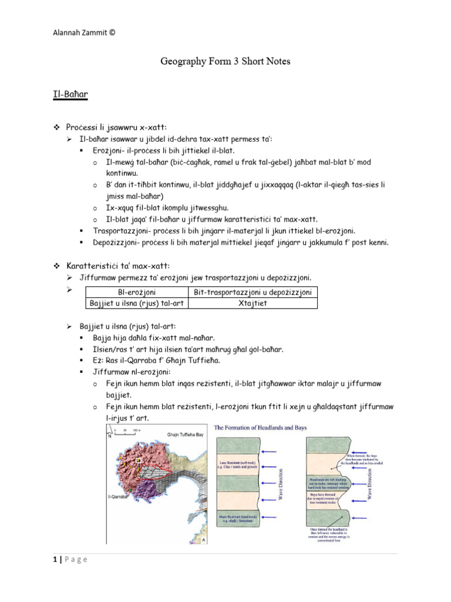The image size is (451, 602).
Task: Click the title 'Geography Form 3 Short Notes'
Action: tap(225, 61)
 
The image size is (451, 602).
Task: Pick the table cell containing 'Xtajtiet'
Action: tap(254, 303)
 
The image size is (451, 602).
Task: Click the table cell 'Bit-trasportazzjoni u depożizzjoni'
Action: tap(254, 292)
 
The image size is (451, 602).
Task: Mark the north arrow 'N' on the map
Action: tap(110, 437)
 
